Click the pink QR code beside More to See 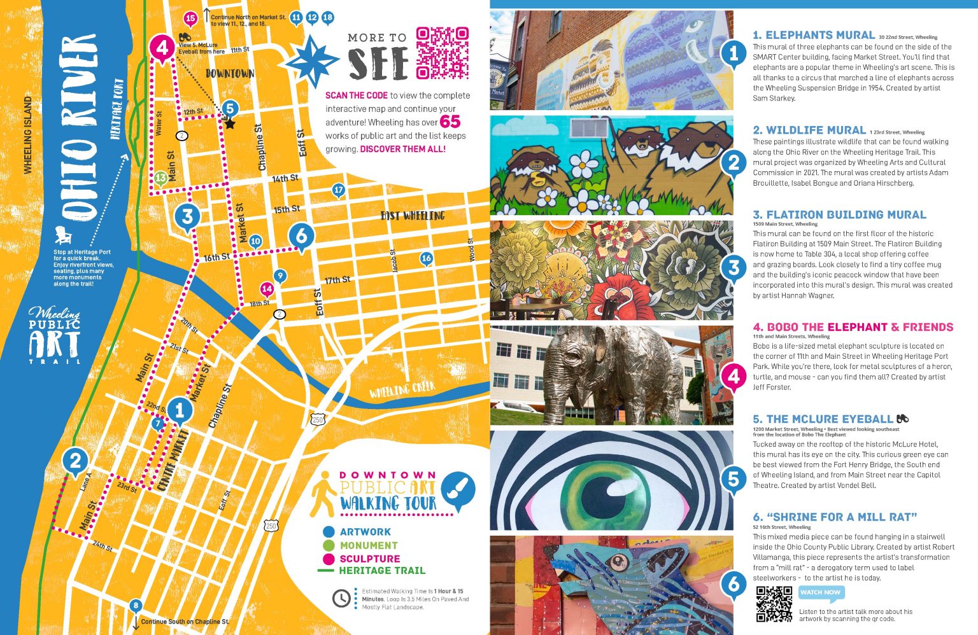(x=442, y=53)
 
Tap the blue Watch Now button (x=821, y=593)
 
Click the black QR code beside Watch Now (x=774, y=604)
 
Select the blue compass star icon (x=311, y=62)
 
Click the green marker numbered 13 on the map (x=161, y=178)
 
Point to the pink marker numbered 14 (x=267, y=290)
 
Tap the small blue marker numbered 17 (x=338, y=190)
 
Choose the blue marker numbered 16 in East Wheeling (x=426, y=258)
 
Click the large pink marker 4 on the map (x=162, y=48)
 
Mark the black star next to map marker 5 (x=229, y=124)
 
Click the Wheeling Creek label (x=402, y=389)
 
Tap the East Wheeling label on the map (x=413, y=216)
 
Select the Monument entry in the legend (x=368, y=545)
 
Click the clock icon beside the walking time (x=341, y=598)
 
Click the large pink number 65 (x=450, y=122)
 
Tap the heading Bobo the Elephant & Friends (x=853, y=327)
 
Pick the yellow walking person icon (x=323, y=493)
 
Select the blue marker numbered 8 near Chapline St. (x=135, y=606)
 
